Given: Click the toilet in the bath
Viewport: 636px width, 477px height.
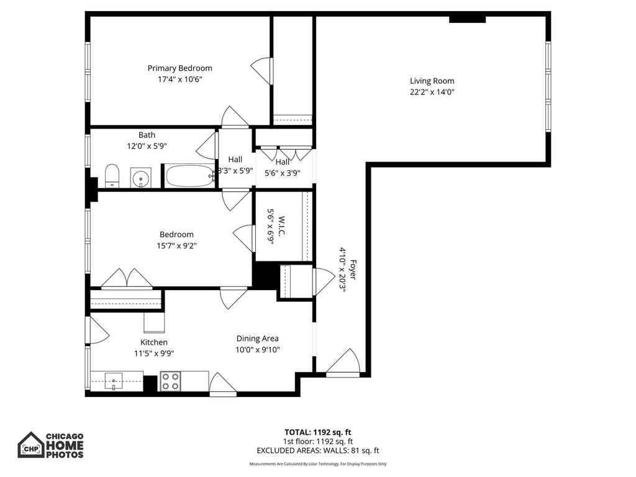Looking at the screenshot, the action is pyautogui.click(x=112, y=176).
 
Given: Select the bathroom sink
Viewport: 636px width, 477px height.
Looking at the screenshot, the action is pyautogui.click(x=141, y=178).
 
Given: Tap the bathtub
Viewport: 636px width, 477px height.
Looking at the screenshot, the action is pyautogui.click(x=189, y=176).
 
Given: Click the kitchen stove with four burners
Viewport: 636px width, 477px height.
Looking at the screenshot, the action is pyautogui.click(x=170, y=381).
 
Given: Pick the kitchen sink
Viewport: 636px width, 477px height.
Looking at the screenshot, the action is pyautogui.click(x=114, y=381).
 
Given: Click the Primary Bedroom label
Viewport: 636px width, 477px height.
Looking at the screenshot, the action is pyautogui.click(x=179, y=68).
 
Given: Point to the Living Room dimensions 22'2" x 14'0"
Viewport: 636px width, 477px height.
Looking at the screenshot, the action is pyautogui.click(x=432, y=92).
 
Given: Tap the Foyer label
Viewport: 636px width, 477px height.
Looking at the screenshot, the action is pyautogui.click(x=353, y=270).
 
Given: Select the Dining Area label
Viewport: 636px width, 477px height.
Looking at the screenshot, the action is pyautogui.click(x=258, y=338).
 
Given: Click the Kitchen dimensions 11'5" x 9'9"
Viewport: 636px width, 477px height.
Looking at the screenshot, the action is pyautogui.click(x=154, y=353).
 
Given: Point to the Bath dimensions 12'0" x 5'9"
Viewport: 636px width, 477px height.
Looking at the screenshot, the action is pyautogui.click(x=147, y=146).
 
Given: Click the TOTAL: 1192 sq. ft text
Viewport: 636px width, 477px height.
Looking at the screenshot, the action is pyautogui.click(x=317, y=432).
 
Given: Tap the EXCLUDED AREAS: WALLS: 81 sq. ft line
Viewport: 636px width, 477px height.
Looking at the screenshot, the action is pyautogui.click(x=317, y=450).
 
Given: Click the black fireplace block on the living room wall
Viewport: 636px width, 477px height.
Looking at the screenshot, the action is pyautogui.click(x=467, y=19).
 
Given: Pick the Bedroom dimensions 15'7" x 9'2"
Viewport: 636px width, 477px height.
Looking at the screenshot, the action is pyautogui.click(x=176, y=245).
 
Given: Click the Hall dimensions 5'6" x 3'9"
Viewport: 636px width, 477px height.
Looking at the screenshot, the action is pyautogui.click(x=283, y=173).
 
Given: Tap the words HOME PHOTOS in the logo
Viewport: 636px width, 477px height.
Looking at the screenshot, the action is pyautogui.click(x=65, y=450).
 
